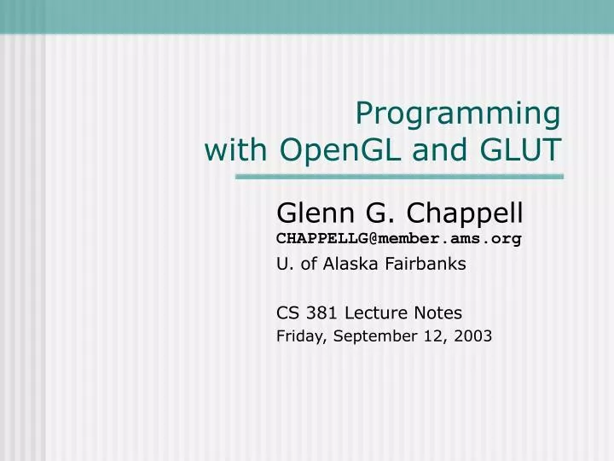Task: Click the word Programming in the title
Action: pyautogui.click(x=458, y=114)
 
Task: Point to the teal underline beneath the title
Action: pyautogui.click(x=399, y=177)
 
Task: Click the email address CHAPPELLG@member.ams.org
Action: pyautogui.click(x=398, y=238)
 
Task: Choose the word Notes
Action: pyautogui.click(x=438, y=312)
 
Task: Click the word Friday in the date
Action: pyautogui.click(x=298, y=336)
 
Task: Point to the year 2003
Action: pyautogui.click(x=473, y=336)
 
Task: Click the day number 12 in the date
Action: pyautogui.click(x=432, y=336)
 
